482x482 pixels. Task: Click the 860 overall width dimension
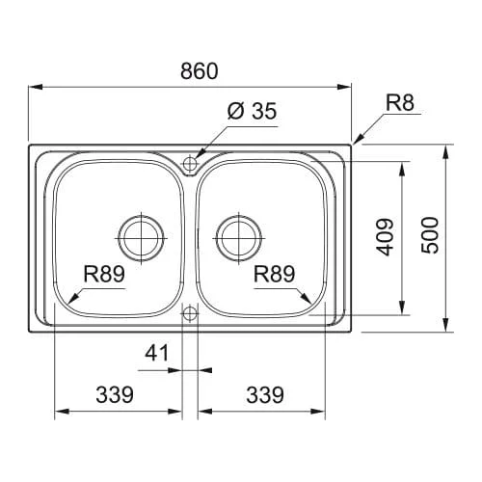tap(200, 71)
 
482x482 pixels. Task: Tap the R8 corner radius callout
tap(400, 102)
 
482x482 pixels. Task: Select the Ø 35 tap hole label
tap(252, 111)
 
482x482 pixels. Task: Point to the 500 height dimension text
tap(430, 235)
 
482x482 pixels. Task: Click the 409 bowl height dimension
tap(385, 237)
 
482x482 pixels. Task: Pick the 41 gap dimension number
tap(156, 353)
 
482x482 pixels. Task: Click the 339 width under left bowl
tap(115, 394)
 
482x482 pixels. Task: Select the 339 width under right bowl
tap(265, 394)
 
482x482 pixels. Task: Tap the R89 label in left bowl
tap(104, 274)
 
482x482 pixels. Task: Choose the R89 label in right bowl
tap(274, 274)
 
